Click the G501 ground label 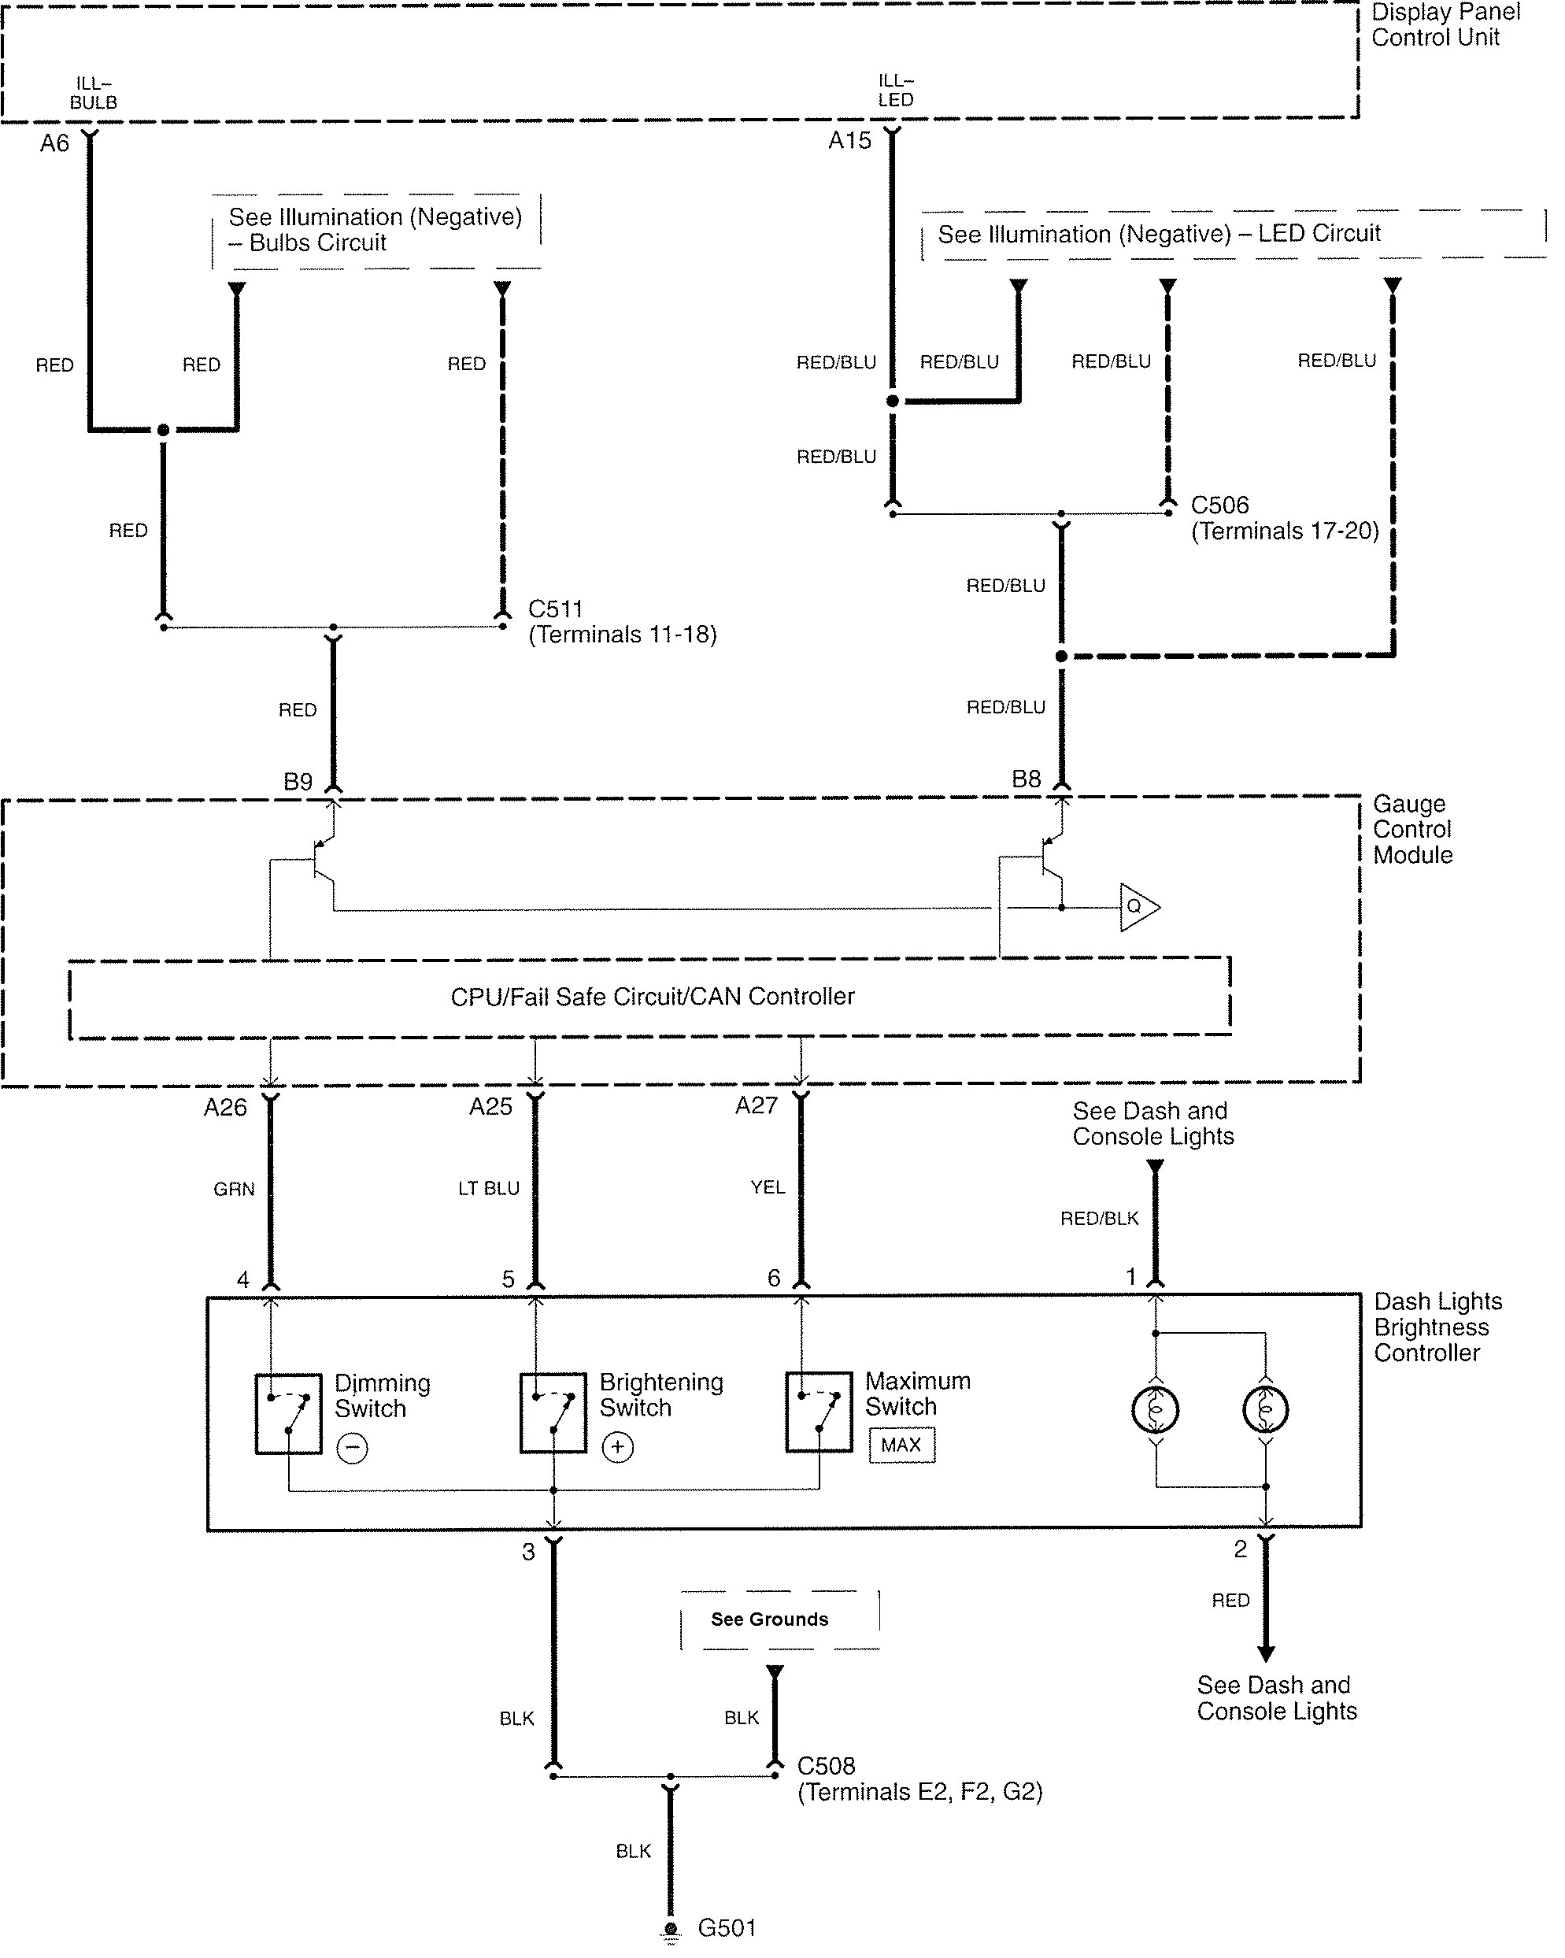click(x=727, y=1927)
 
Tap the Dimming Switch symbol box click(x=288, y=1414)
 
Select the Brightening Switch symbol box click(x=553, y=1413)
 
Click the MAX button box click(x=901, y=1445)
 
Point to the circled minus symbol click(x=353, y=1448)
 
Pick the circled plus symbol click(x=618, y=1447)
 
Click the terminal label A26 click(x=225, y=1107)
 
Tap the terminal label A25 click(x=490, y=1106)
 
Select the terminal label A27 click(x=757, y=1105)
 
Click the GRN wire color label click(x=234, y=1189)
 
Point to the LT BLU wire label click(x=489, y=1188)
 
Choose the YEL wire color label click(x=768, y=1187)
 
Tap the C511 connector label click(x=555, y=609)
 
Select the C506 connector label click(x=1220, y=505)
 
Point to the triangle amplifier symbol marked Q click(x=1138, y=906)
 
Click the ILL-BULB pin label click(x=94, y=94)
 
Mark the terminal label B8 click(x=1027, y=779)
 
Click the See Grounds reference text click(x=769, y=1619)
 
